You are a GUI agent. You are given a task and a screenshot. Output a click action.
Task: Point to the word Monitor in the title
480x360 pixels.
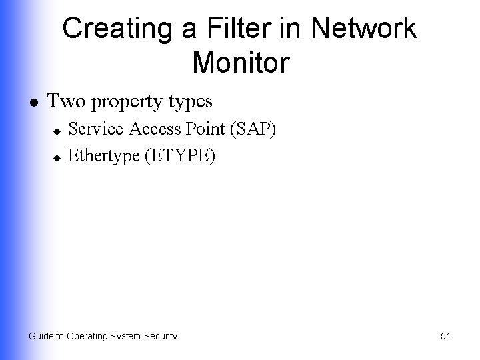pyautogui.click(x=241, y=63)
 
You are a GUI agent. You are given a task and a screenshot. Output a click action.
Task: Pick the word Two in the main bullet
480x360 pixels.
pyautogui.click(x=65, y=101)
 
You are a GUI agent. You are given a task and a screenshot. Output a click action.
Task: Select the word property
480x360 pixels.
pyautogui.click(x=125, y=103)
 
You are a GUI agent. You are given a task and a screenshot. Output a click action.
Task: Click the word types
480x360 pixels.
pyautogui.click(x=190, y=103)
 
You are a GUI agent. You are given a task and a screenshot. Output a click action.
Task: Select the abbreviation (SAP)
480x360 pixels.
pyautogui.click(x=253, y=130)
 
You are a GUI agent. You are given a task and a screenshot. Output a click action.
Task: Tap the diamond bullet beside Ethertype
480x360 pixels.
pyautogui.click(x=57, y=157)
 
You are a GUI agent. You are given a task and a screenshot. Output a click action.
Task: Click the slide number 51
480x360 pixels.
pyautogui.click(x=446, y=336)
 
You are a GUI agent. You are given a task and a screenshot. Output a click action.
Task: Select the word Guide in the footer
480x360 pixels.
pyautogui.click(x=41, y=336)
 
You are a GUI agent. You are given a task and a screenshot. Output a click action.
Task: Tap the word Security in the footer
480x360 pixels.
pyautogui.click(x=159, y=336)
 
